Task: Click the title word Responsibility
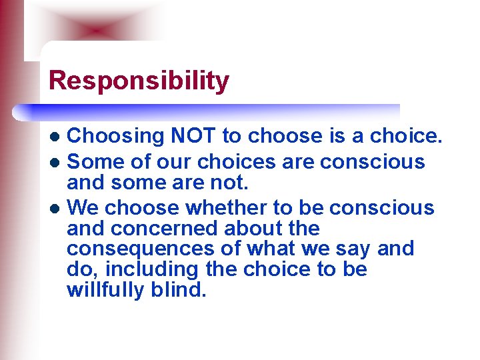click(139, 81)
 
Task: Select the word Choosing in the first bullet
click(116, 137)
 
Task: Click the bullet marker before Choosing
click(58, 137)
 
